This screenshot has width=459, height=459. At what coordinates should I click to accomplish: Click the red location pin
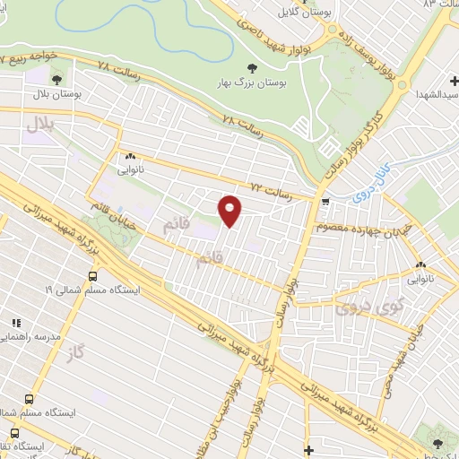(230, 211)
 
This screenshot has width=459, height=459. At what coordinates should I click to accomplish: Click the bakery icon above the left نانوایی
(132, 153)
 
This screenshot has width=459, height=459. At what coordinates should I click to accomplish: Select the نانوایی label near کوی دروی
(420, 278)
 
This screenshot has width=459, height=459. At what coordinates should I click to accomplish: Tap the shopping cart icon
(325, 202)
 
